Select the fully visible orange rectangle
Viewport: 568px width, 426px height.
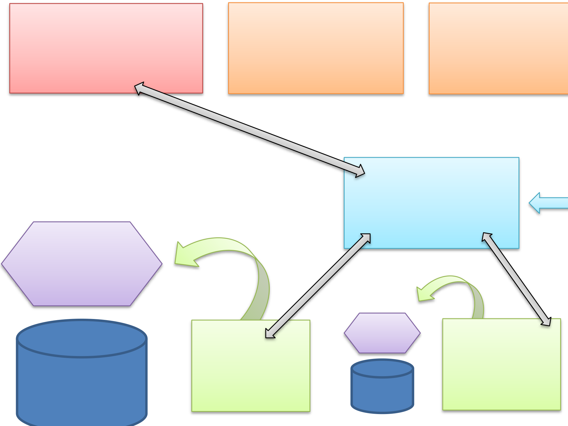316,48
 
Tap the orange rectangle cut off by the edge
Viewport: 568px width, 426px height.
498,48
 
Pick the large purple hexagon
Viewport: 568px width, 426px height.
82,264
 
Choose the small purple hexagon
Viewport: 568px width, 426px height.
382,333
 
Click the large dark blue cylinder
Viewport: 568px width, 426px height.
82,385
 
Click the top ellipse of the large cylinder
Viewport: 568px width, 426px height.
82,338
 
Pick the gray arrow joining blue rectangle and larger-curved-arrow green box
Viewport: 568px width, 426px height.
317,286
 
